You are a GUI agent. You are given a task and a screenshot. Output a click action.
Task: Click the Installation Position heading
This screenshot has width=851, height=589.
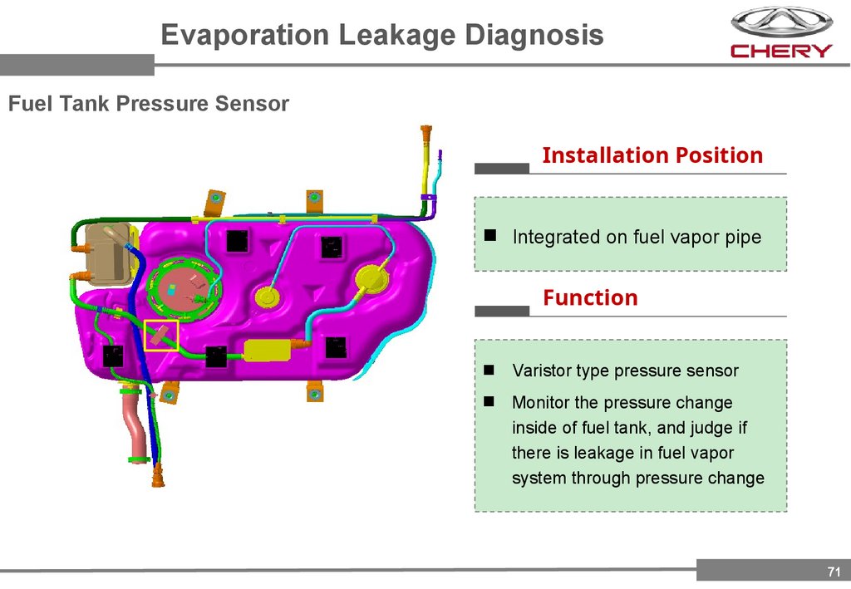click(652, 155)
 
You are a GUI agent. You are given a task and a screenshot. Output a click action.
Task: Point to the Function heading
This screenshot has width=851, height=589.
click(590, 297)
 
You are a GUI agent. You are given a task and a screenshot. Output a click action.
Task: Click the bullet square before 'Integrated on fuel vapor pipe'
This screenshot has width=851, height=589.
click(490, 236)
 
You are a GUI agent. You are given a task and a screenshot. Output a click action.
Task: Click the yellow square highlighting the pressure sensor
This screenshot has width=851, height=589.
click(161, 335)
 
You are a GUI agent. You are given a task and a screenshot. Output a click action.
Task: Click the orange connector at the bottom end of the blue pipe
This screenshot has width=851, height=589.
click(158, 476)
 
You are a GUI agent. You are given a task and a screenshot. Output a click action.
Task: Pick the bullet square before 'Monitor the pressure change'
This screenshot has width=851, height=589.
click(490, 401)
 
